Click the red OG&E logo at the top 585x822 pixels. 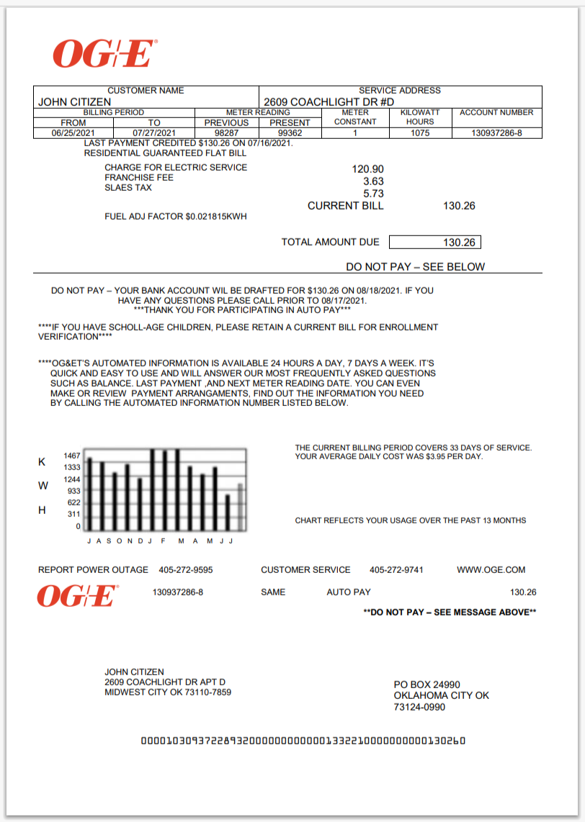[x=104, y=55]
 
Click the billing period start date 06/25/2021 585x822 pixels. [x=73, y=133]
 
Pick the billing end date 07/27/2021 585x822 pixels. [x=154, y=133]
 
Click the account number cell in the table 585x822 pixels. [x=496, y=133]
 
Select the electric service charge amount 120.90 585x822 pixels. [x=367, y=169]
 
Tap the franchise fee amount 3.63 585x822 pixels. [x=373, y=181]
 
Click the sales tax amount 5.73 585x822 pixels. [x=373, y=194]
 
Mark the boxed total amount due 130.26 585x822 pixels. [x=459, y=243]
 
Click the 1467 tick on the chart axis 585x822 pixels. [x=72, y=456]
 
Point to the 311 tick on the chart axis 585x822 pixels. [x=73, y=514]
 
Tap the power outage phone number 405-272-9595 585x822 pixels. [x=185, y=570]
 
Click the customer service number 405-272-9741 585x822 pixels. [x=396, y=570]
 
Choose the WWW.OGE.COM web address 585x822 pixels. [x=491, y=570]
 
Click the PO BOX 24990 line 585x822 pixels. [x=427, y=685]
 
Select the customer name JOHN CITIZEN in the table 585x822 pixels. [x=74, y=102]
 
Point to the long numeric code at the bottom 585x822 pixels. [x=302, y=741]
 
